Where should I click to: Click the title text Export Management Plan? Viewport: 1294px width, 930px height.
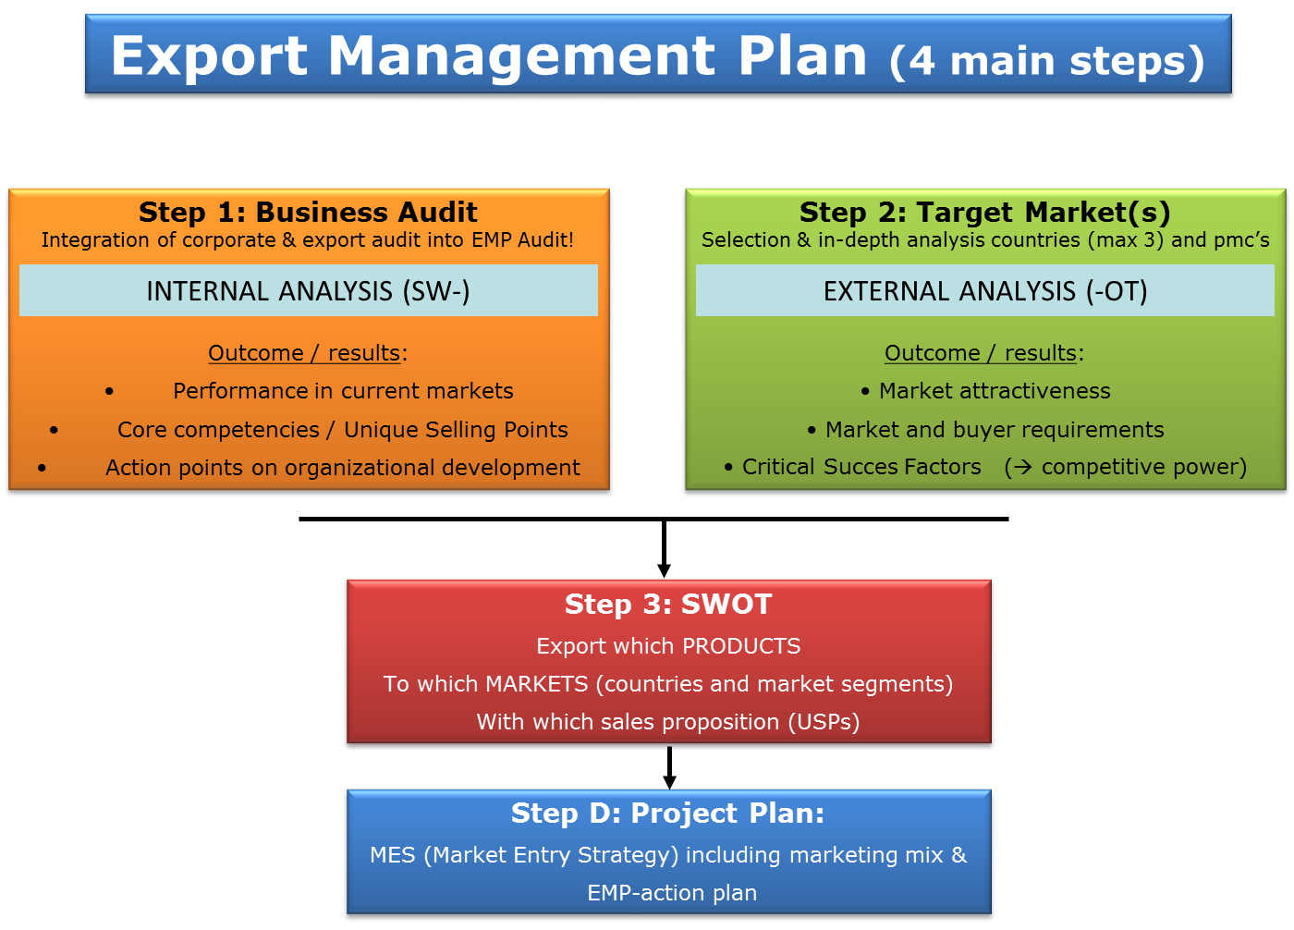(489, 56)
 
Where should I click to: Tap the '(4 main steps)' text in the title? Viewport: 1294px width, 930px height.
(1046, 61)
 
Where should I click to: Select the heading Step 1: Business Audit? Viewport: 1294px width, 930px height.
(308, 212)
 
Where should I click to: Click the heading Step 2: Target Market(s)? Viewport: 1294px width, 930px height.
(985, 213)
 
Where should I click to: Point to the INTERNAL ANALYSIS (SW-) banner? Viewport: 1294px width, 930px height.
(309, 290)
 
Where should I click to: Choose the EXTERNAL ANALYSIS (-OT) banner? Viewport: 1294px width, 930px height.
(985, 290)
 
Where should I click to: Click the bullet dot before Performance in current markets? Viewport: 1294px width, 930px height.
(109, 392)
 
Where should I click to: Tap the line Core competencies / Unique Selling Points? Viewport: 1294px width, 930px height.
(343, 430)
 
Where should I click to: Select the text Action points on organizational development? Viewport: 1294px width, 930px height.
(343, 467)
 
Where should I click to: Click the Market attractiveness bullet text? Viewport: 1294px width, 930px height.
(995, 391)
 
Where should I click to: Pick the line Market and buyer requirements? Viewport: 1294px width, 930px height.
(995, 430)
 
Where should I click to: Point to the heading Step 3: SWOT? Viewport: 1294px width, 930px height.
(668, 605)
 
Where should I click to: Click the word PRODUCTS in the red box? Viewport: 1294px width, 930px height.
(741, 646)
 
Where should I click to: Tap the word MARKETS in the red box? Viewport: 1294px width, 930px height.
(537, 684)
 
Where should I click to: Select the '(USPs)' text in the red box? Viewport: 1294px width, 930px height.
(824, 722)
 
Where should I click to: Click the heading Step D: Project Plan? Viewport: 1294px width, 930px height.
(667, 814)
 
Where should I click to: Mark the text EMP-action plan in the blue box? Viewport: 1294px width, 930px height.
(672, 893)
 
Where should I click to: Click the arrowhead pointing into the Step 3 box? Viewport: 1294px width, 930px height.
(665, 570)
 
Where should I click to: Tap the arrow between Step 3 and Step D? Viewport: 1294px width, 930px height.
(669, 767)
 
